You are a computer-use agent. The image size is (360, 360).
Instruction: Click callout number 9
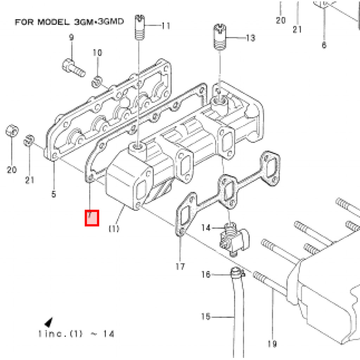coord(71,37)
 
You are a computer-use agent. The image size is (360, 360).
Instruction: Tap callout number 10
coord(97,53)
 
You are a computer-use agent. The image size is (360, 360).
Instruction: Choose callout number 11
coord(166,26)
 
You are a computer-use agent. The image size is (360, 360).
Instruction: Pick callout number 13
coord(250,38)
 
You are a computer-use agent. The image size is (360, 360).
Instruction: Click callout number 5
coord(53,194)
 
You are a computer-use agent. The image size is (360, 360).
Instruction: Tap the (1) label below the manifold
coord(114,229)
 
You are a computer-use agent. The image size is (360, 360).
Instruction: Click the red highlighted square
coord(92,218)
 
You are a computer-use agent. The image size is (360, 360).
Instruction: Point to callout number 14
coord(206,228)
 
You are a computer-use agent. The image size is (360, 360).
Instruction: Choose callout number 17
coord(180,267)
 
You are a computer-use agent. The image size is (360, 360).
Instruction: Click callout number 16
coord(206,274)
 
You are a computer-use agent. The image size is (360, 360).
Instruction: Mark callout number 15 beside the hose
coord(206,317)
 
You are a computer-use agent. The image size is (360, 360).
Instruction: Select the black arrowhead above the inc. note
coord(49,322)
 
